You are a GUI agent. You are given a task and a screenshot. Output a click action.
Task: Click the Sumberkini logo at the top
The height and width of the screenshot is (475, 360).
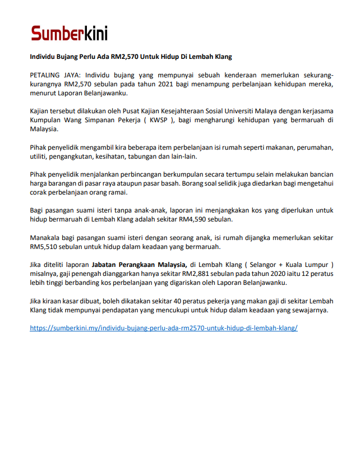click(69, 33)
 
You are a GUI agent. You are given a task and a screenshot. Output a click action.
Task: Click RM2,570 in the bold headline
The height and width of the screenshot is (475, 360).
click(126, 57)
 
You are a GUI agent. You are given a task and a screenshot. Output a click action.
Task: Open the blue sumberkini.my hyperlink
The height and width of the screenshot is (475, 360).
click(163, 328)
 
